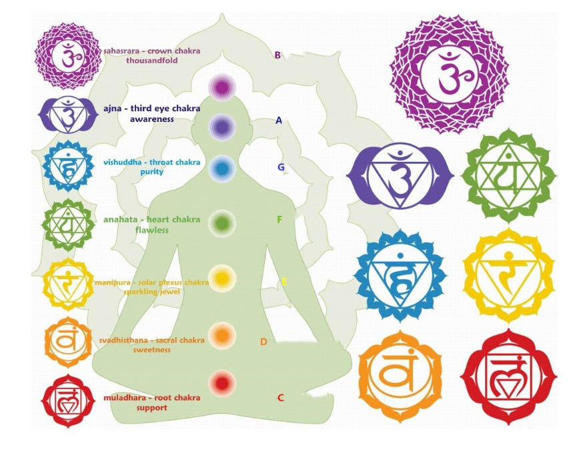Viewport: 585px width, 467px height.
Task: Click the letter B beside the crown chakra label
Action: [277, 55]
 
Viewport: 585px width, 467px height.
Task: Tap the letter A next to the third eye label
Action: [279, 121]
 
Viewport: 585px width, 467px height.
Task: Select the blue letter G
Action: [281, 167]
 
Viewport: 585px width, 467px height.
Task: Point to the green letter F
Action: [279, 219]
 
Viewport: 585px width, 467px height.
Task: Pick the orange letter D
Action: [263, 342]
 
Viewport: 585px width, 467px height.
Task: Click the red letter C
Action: [281, 398]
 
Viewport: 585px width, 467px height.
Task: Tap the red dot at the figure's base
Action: [221, 382]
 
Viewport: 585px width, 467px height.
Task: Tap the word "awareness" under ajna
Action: [152, 119]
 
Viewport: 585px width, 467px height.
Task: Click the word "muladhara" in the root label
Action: [123, 398]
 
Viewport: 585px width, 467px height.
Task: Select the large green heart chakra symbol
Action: [508, 176]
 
